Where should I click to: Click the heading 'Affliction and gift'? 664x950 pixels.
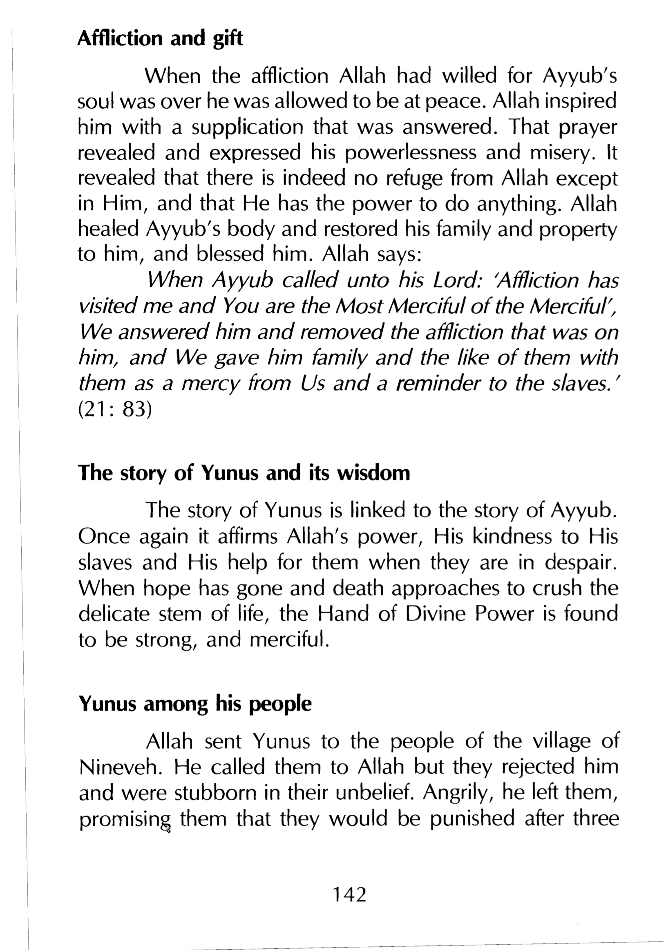click(160, 38)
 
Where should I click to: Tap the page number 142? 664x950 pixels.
click(350, 894)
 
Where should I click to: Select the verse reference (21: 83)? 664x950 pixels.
click(115, 410)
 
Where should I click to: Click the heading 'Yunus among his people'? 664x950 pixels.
click(195, 703)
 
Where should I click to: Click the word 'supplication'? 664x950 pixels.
click(247, 127)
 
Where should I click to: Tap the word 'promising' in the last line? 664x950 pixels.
click(125, 819)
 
